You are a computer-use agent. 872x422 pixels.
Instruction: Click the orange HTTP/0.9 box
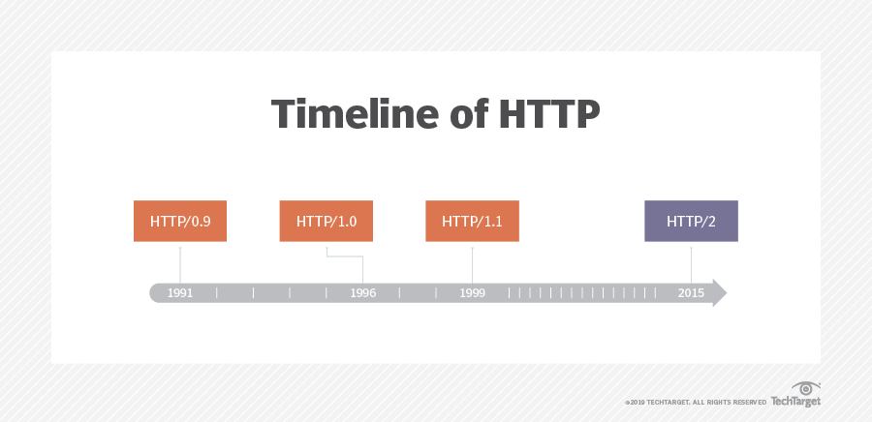(180, 221)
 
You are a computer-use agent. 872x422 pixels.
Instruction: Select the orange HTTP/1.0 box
(326, 221)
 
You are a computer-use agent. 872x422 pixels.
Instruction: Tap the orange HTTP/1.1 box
(472, 221)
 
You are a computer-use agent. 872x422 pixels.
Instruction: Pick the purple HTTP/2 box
(691, 221)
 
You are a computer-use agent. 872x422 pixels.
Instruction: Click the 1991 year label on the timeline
(180, 293)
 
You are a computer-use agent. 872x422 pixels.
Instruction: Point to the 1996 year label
(362, 293)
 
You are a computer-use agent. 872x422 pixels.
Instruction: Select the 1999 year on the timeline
(472, 293)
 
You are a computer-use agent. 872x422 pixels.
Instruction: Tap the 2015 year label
(691, 293)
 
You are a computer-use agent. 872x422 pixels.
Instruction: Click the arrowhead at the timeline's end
(720, 292)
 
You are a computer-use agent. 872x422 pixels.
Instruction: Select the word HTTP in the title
(549, 114)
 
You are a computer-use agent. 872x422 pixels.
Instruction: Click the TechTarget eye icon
(805, 389)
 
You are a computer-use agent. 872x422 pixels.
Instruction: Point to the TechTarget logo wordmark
(795, 402)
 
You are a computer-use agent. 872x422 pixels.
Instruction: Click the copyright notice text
(695, 402)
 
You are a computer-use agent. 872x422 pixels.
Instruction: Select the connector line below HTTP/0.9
(180, 265)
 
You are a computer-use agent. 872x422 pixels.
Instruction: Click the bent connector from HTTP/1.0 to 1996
(345, 256)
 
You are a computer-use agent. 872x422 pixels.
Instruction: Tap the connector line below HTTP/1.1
(472, 265)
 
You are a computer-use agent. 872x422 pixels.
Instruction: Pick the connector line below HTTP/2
(691, 265)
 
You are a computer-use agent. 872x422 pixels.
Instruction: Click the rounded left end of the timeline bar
(155, 292)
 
